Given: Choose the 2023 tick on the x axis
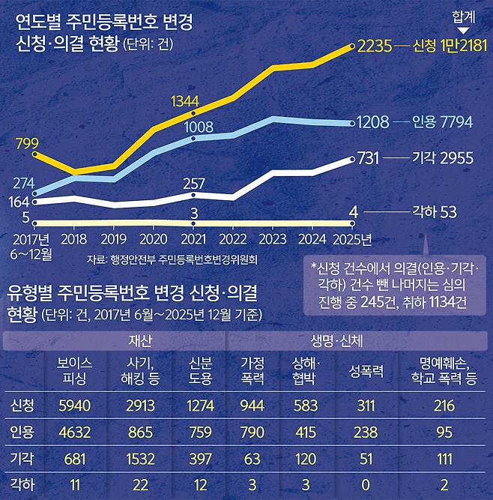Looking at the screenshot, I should (x=272, y=239).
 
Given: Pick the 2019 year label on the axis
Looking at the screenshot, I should (x=113, y=239).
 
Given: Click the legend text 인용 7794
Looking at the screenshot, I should (x=443, y=121).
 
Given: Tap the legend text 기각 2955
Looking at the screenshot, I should (x=443, y=157).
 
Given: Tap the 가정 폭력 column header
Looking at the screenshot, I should (x=252, y=370).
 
